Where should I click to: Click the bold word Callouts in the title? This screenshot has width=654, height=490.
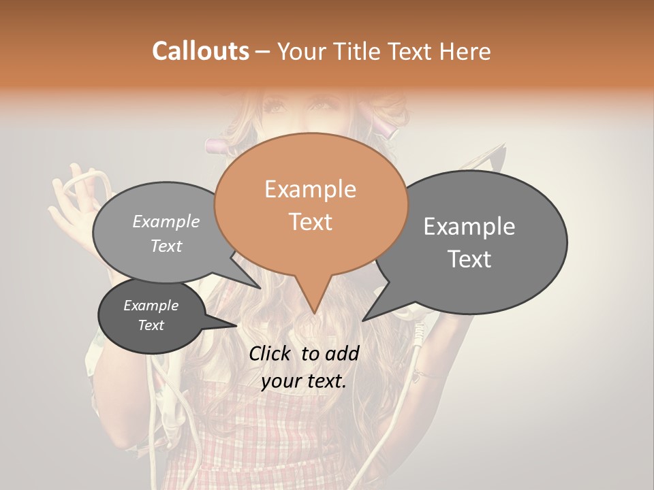pos(200,51)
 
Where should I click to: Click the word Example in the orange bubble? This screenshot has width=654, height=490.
pos(310,189)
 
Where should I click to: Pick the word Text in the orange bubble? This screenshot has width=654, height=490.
pos(310,222)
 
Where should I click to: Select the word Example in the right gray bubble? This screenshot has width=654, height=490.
pos(469,227)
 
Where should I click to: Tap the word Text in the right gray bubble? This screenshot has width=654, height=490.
pos(469,259)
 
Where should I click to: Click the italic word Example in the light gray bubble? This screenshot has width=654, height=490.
pos(166,222)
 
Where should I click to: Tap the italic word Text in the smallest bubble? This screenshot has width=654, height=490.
pos(151,325)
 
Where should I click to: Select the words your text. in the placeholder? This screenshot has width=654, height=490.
pos(303,382)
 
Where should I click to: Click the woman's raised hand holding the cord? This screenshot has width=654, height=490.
pos(72,214)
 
